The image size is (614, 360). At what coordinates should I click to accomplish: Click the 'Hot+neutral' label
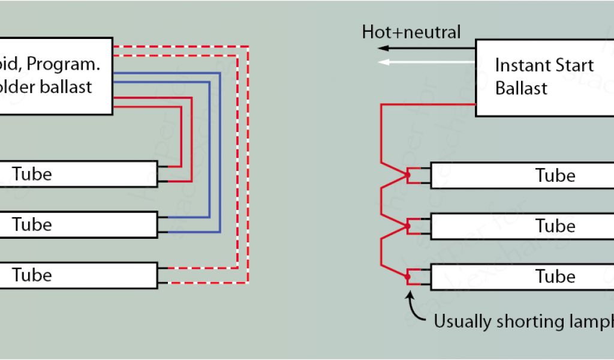tap(411, 32)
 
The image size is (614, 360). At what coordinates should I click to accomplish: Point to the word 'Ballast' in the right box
tap(522, 88)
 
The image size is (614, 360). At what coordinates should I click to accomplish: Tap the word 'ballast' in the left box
tap(67, 86)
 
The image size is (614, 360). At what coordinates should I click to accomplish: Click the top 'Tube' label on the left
tap(32, 174)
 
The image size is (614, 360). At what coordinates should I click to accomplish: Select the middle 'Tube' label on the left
tap(32, 224)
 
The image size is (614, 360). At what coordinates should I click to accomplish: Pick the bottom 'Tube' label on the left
tap(32, 275)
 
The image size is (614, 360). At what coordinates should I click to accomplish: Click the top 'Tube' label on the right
tap(555, 176)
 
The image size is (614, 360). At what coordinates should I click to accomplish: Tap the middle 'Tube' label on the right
tap(555, 226)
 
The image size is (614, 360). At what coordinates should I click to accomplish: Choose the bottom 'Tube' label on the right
tap(555, 277)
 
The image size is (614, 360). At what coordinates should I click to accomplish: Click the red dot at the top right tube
tap(408, 175)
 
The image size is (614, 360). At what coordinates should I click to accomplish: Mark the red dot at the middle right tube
tap(408, 226)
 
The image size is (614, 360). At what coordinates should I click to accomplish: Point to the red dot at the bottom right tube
tap(408, 277)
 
